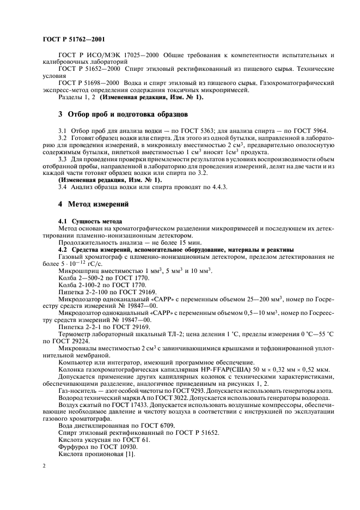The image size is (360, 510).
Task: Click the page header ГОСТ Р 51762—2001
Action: pyautogui.click(x=74, y=39)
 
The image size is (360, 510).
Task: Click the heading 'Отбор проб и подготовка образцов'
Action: pyautogui.click(x=127, y=115)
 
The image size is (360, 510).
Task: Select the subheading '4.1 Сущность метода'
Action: pyautogui.click(x=90, y=222)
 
